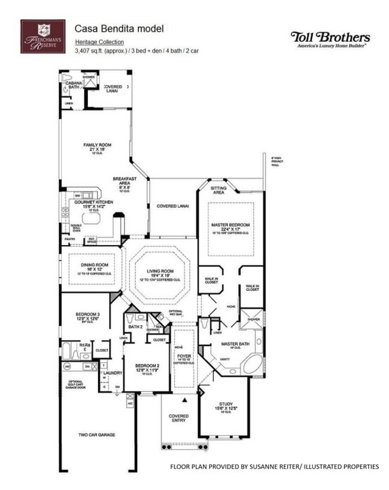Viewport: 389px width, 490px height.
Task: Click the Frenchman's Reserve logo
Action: coord(42,36)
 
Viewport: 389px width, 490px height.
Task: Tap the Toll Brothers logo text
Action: coord(330,37)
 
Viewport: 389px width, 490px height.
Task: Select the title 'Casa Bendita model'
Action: coord(118,28)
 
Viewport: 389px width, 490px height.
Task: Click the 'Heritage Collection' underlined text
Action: coord(99,42)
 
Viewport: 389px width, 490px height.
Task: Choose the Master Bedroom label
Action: coord(230,225)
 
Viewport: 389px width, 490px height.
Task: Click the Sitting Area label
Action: coord(218,190)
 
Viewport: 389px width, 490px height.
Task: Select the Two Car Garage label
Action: coord(98,434)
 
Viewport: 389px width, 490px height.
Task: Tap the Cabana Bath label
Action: coord(74,85)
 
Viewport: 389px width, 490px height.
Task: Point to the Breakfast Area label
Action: coord(124,181)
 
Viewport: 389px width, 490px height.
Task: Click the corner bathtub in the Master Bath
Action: coord(251,364)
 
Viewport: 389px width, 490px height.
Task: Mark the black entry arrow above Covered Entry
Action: coord(186,399)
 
